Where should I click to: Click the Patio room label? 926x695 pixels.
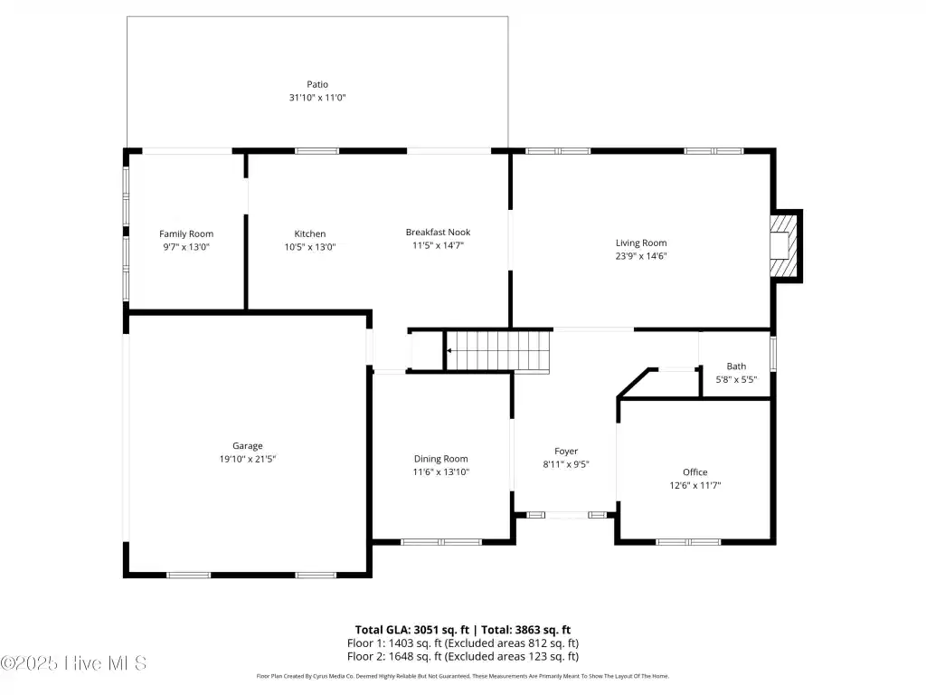[317, 84]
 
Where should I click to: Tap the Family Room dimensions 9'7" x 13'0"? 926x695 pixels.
[186, 247]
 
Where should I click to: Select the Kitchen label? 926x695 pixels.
[310, 234]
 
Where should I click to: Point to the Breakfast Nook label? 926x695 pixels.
[438, 233]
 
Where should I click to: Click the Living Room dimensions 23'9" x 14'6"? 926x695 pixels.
[641, 256]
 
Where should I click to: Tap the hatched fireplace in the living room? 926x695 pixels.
[783, 245]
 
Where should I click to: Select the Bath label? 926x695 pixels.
[736, 367]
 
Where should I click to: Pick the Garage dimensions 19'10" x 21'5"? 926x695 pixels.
[248, 459]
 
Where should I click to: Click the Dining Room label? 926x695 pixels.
[440, 459]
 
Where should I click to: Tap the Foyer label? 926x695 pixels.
[566, 452]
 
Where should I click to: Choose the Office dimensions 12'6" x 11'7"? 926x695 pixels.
[694, 485]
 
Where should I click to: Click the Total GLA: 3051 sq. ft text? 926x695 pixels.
[412, 630]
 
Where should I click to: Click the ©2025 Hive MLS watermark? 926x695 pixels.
[73, 663]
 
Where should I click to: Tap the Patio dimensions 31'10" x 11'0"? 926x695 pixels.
[317, 98]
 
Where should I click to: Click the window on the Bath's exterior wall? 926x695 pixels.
[773, 354]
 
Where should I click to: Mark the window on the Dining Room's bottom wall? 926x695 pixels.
[441, 542]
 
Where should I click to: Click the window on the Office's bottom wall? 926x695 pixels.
[688, 542]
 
